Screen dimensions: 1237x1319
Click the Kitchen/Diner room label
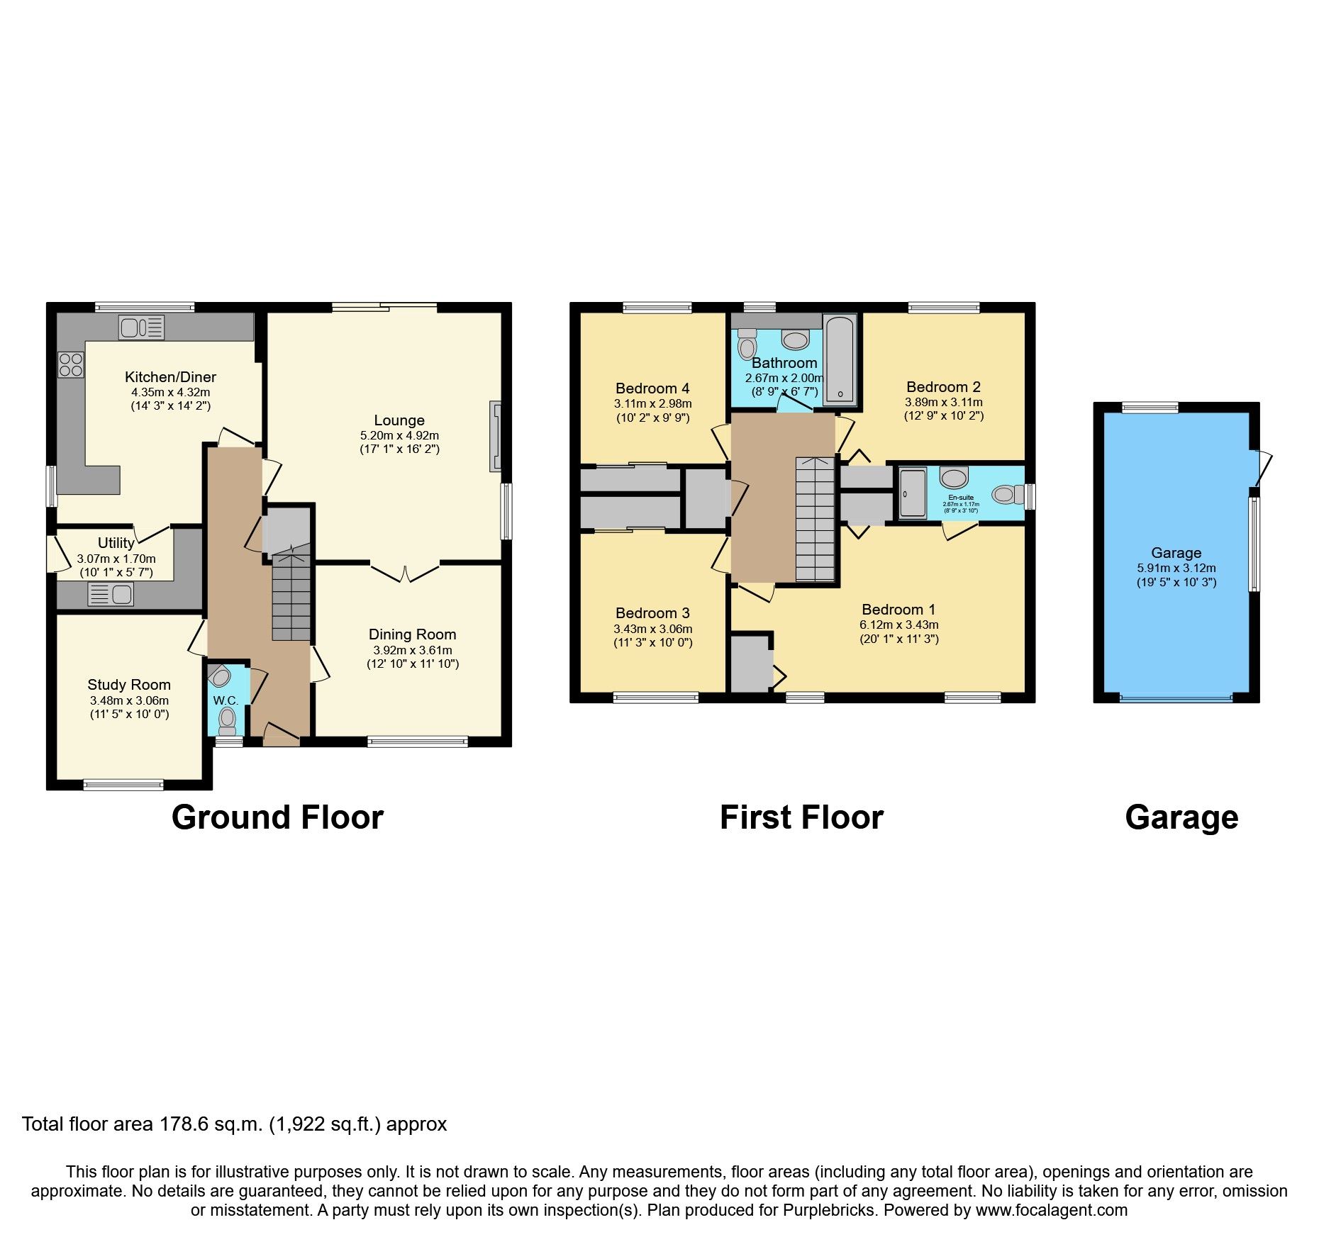pos(170,377)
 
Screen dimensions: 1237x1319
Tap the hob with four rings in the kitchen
pos(70,364)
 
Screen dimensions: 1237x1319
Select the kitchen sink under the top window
pos(142,328)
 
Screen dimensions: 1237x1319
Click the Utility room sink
pos(111,594)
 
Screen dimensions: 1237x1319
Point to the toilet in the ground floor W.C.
pos(227,720)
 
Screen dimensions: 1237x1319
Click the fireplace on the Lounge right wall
pos(495,437)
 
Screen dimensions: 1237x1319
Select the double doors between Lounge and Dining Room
pos(405,572)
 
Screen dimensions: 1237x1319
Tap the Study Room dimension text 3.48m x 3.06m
pos(129,700)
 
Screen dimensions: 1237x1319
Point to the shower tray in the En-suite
pos(913,493)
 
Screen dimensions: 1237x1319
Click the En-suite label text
pos(961,498)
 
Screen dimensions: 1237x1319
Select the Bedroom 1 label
pos(898,610)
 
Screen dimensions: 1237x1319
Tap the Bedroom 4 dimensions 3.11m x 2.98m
pos(652,403)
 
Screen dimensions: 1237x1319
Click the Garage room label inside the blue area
pos(1176,553)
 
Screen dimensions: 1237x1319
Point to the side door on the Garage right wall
pos(1262,468)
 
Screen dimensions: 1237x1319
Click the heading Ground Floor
pos(277,817)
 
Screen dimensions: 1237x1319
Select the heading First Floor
pos(801,817)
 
